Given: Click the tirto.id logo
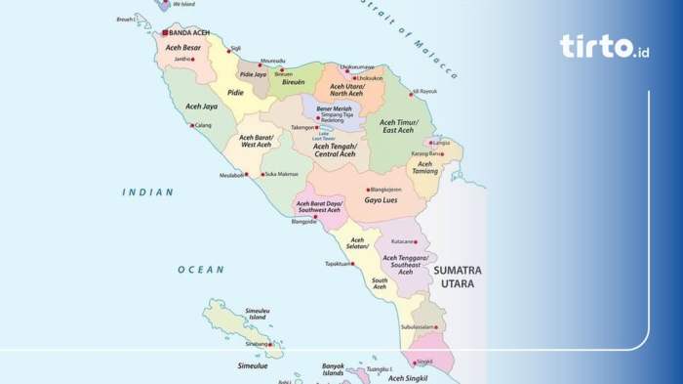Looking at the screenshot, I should [x=604, y=46].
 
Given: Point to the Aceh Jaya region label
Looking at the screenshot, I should [x=201, y=106].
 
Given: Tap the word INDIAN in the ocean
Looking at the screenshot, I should [x=147, y=192].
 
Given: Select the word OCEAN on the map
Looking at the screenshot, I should [x=200, y=269].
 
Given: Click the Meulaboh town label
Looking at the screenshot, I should [x=229, y=176].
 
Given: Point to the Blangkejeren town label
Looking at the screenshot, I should [x=384, y=189].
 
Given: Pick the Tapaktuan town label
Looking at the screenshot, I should [x=337, y=264].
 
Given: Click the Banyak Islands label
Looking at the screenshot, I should [x=333, y=369].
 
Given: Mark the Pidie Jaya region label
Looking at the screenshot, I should [x=253, y=74].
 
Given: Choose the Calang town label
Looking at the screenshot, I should [x=203, y=125].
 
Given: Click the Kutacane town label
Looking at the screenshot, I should [x=402, y=240].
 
